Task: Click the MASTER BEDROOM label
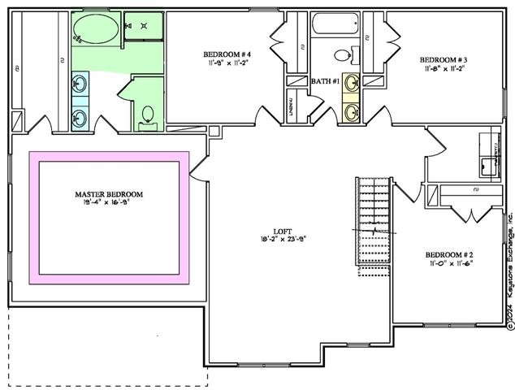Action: (x=109, y=194)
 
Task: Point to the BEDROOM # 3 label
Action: (x=442, y=60)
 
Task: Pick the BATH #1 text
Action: (x=325, y=81)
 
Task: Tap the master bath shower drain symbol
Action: (x=144, y=26)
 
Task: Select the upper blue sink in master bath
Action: (x=80, y=83)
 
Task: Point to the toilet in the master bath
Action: (x=147, y=115)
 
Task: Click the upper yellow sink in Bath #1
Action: (x=351, y=83)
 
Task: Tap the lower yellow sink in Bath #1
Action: (x=351, y=111)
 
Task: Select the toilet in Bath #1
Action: (x=344, y=55)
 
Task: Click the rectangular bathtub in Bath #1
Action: (x=335, y=24)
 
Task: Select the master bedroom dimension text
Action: (x=109, y=203)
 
